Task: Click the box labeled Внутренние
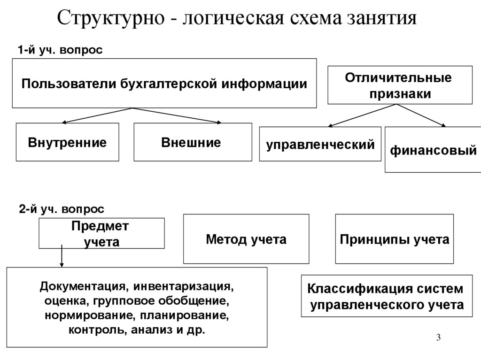[68, 142]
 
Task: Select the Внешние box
[193, 142]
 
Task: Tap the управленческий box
[320, 144]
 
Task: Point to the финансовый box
[433, 150]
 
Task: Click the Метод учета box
[246, 239]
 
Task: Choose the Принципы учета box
[394, 239]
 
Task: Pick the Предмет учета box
[101, 233]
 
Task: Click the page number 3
[438, 337]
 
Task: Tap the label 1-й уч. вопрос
[60, 50]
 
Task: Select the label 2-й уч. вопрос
[62, 209]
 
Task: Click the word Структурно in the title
[111, 18]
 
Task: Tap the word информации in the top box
[264, 84]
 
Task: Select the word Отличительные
[398, 77]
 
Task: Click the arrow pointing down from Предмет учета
[62, 256]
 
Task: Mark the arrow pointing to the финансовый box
[421, 115]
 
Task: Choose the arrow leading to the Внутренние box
[97, 115]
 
